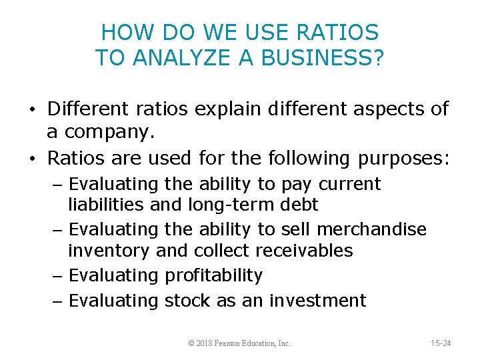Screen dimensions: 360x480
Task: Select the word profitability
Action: [x=214, y=275]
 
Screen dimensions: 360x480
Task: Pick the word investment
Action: [x=317, y=301]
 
